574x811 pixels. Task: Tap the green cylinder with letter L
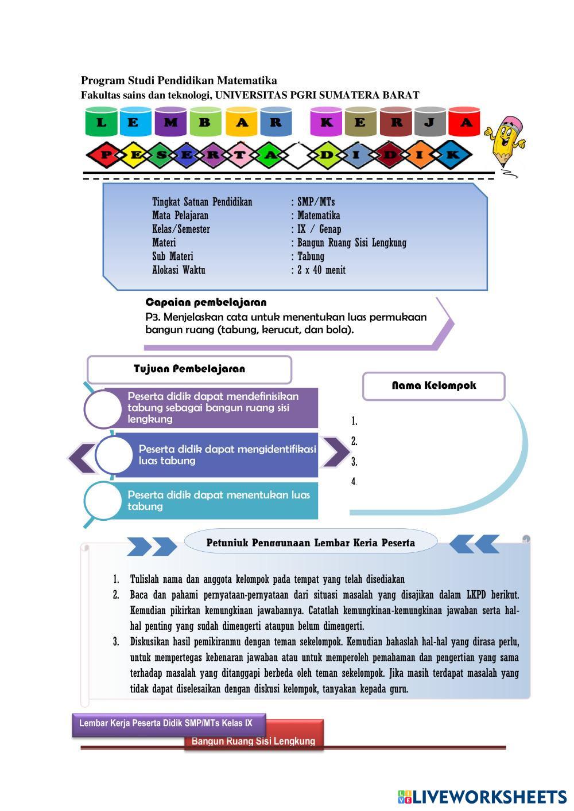[x=101, y=122]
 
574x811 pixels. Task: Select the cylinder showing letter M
[x=170, y=122]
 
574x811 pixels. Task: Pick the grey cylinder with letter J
[x=430, y=122]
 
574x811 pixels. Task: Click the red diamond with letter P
[x=105, y=155]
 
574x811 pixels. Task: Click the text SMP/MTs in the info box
[x=316, y=202]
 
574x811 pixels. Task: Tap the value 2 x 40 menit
[x=321, y=270]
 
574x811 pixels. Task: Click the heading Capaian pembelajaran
[x=205, y=302]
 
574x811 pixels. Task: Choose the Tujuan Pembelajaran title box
[x=189, y=369]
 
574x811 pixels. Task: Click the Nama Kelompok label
[x=434, y=385]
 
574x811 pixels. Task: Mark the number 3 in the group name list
[x=354, y=462]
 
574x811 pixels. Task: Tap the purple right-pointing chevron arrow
[x=335, y=452]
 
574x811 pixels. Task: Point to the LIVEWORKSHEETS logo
[x=482, y=797]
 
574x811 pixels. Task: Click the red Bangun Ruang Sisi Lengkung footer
[x=254, y=741]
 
